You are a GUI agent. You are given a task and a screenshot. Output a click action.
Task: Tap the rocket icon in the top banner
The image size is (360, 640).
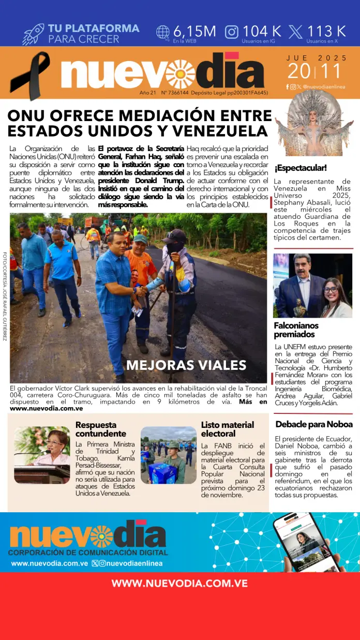tap(34, 34)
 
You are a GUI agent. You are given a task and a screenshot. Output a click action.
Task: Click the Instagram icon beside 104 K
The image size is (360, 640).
tap(232, 32)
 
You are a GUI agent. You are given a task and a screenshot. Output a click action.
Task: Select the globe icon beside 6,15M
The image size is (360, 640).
tap(163, 32)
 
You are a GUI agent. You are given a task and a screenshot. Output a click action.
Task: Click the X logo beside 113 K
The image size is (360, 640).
tap(296, 32)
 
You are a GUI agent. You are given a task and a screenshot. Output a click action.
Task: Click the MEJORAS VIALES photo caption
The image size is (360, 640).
tap(186, 365)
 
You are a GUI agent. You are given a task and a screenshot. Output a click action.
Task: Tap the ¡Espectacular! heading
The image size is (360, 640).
tap(301, 168)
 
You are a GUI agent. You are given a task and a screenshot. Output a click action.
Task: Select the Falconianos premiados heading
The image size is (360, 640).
tap(296, 330)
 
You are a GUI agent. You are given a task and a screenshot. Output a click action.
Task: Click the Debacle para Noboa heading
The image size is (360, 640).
tap(313, 424)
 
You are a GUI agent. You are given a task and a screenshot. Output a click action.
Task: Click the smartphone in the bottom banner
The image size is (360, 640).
tap(305, 541)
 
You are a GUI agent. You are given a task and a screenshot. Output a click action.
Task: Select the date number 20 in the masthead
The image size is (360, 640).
tap(300, 71)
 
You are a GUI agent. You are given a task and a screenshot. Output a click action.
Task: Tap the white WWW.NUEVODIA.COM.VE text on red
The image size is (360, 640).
tap(179, 584)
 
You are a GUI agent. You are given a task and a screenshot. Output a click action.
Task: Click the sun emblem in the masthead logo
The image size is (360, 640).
tap(181, 74)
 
